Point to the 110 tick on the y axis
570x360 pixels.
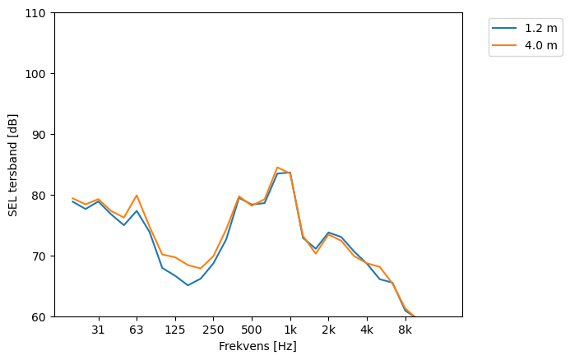[38, 13]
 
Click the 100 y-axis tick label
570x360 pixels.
[38, 74]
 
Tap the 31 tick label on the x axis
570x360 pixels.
[98, 330]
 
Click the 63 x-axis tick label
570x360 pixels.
[137, 330]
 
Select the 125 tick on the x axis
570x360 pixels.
[174, 330]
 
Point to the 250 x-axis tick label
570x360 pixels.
[213, 330]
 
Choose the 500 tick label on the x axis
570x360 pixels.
[252, 330]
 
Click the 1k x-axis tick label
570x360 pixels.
[290, 330]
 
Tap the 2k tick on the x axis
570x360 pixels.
[328, 330]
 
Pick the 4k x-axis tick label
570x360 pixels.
[367, 330]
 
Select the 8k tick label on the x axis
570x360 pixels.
[405, 330]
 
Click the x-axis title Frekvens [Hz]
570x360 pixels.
[257, 347]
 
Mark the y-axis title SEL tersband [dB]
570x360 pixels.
[13, 165]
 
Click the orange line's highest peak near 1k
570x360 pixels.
[277, 167]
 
